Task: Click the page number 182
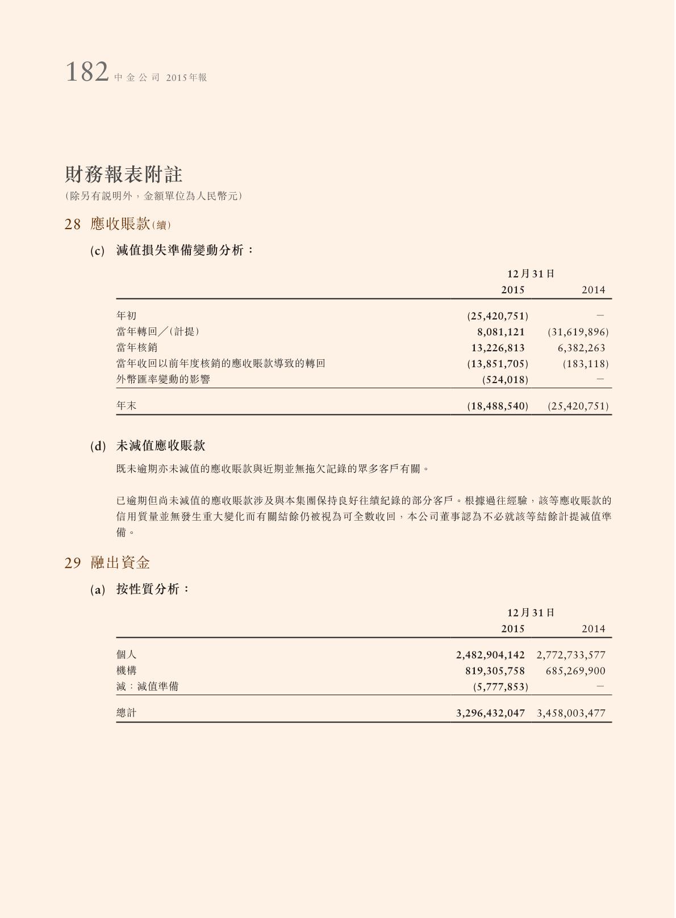tap(87, 73)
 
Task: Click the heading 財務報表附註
tap(123, 175)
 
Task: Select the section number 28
tap(73, 225)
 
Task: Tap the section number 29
tap(73, 563)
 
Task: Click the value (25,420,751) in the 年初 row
tap(498, 316)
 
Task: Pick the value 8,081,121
tap(500, 332)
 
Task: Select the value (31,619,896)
tap(578, 332)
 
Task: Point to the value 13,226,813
tap(498, 348)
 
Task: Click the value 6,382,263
tap(581, 348)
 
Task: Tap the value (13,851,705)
tap(498, 364)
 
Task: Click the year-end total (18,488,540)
tap(498, 406)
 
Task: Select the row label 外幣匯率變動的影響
tap(163, 379)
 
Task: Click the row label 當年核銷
tap(137, 347)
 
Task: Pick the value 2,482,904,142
tap(490, 655)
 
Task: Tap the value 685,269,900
tap(575, 671)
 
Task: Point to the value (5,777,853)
tap(500, 687)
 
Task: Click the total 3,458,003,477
tap(571, 713)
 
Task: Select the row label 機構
tap(126, 671)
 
